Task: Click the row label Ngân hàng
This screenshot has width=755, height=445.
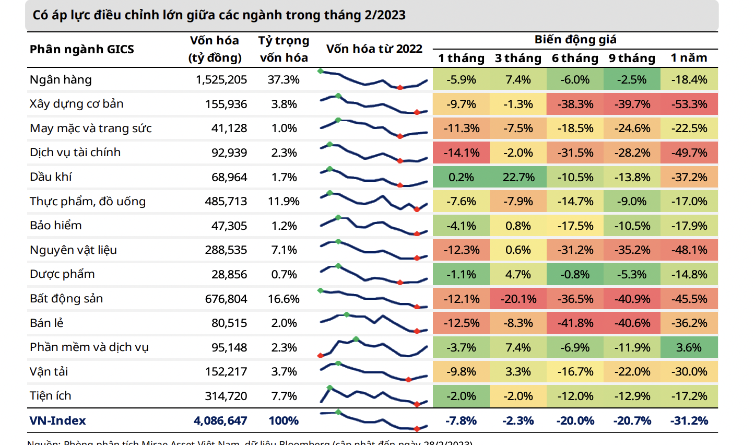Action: click(61, 80)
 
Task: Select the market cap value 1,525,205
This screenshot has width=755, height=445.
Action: click(221, 80)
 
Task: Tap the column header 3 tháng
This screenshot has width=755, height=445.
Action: click(518, 58)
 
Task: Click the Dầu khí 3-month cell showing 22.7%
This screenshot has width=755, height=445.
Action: click(518, 178)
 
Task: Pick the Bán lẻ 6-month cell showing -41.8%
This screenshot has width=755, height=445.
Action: click(575, 323)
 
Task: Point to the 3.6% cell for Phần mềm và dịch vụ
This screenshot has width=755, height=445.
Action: click(689, 348)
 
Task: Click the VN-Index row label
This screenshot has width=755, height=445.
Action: click(57, 421)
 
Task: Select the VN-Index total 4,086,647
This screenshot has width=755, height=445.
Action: click(220, 421)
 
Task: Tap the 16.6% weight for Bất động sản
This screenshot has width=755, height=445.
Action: click(284, 299)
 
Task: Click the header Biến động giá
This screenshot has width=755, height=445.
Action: click(575, 40)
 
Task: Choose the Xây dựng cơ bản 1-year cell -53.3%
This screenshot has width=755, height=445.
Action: click(689, 104)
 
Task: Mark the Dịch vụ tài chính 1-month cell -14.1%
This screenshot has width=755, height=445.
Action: click(461, 153)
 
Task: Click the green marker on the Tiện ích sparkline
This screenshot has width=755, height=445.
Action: click(329, 388)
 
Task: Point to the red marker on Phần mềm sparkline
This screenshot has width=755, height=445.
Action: click(321, 356)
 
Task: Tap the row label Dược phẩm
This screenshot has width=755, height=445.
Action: click(62, 275)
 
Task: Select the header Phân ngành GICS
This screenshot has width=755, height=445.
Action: click(82, 50)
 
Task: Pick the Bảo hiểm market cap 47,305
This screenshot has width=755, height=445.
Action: click(229, 226)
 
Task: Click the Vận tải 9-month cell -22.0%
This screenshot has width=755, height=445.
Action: click(632, 372)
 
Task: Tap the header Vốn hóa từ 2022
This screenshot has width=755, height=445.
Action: click(374, 49)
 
